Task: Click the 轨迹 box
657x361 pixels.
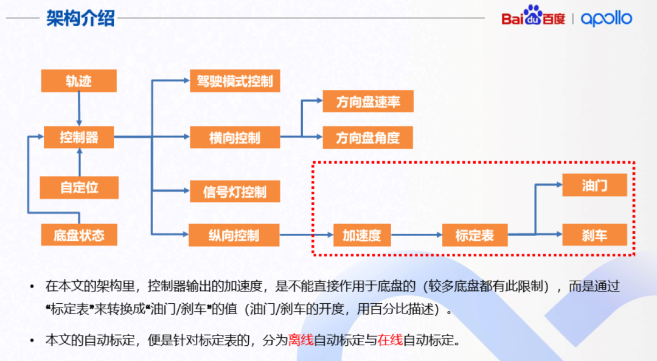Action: [x=79, y=82]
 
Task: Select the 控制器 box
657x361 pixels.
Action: [x=79, y=137]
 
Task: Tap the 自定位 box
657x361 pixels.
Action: [x=79, y=188]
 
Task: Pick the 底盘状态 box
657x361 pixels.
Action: [x=79, y=235]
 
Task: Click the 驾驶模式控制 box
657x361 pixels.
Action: [x=235, y=81]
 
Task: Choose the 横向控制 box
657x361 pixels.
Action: [x=235, y=138]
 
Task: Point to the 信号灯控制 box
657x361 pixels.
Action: [x=235, y=192]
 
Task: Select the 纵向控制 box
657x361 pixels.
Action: [x=235, y=235]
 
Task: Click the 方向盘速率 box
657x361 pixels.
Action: [x=367, y=101]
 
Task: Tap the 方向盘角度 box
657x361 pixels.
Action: [x=367, y=138]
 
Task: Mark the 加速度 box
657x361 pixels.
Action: [x=361, y=235]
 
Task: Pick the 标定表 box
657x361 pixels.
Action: [x=474, y=235]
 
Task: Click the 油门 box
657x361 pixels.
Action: [x=594, y=186]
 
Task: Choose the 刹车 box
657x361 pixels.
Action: [x=594, y=234]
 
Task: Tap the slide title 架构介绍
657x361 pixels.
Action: [x=80, y=18]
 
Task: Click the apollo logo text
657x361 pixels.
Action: [x=607, y=18]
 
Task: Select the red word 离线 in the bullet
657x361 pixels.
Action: [x=301, y=340]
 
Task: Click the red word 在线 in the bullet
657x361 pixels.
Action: [x=390, y=340]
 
